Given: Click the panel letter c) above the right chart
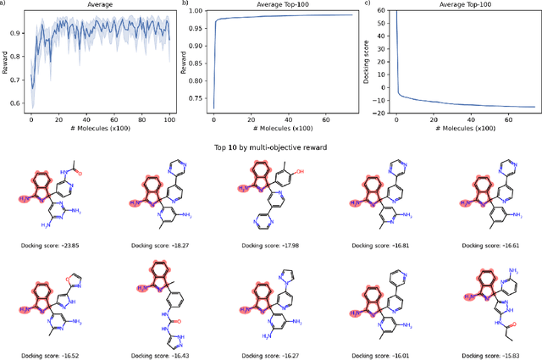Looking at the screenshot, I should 366,4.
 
